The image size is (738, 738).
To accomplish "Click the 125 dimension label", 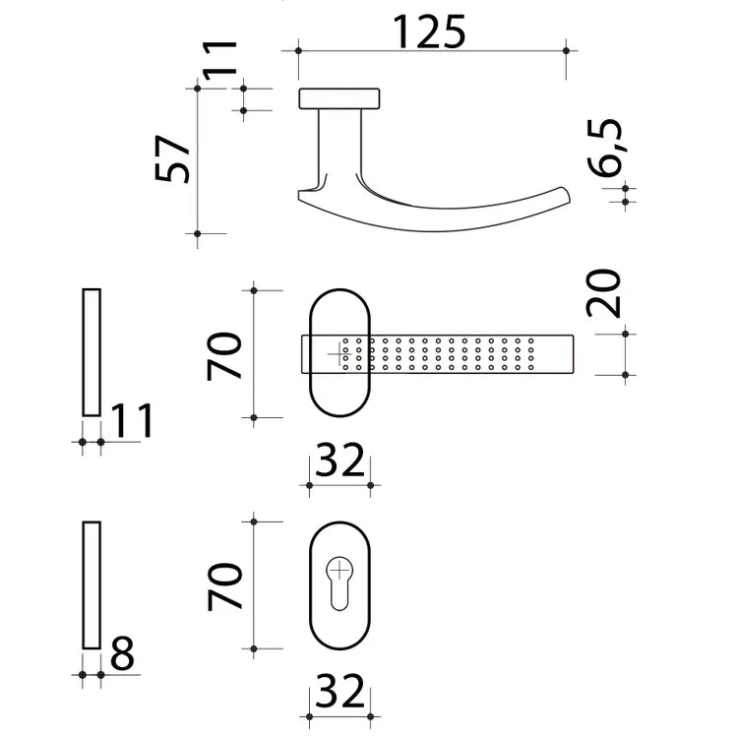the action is pyautogui.click(x=429, y=32).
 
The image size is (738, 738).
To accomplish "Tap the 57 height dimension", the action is pyautogui.click(x=172, y=159).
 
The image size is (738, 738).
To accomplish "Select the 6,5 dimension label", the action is pyautogui.click(x=605, y=148).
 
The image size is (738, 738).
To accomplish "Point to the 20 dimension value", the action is pyautogui.click(x=603, y=293).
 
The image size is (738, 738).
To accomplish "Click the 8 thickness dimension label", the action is pyautogui.click(x=122, y=653).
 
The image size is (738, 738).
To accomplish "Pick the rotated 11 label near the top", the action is pyautogui.click(x=219, y=58).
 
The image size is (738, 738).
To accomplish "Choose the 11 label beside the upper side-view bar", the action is pyautogui.click(x=131, y=421).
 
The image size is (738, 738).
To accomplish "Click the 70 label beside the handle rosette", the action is pyautogui.click(x=224, y=356).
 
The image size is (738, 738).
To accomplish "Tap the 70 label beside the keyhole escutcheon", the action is pyautogui.click(x=224, y=586).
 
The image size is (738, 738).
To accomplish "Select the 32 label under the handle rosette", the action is pyautogui.click(x=339, y=460).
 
